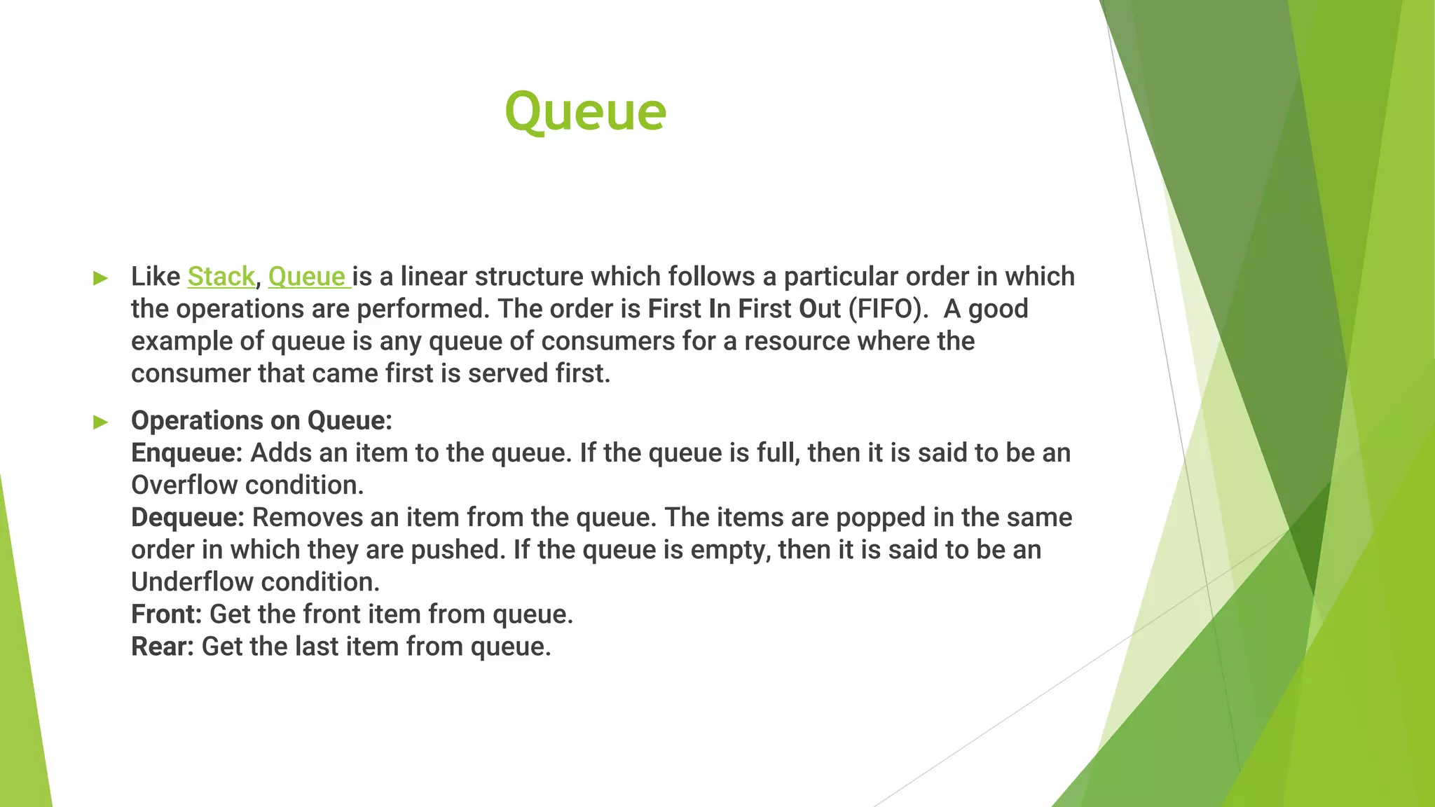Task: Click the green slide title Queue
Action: click(585, 112)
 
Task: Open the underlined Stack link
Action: click(221, 277)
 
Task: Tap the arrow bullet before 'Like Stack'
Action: click(101, 278)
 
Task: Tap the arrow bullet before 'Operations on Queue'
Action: click(101, 422)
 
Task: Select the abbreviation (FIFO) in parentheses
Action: click(888, 309)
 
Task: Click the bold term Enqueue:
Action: click(186, 453)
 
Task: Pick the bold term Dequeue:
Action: click(188, 518)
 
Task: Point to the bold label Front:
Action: click(166, 614)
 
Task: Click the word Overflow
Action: click(184, 485)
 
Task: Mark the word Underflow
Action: click(192, 582)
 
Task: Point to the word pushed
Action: click(458, 550)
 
